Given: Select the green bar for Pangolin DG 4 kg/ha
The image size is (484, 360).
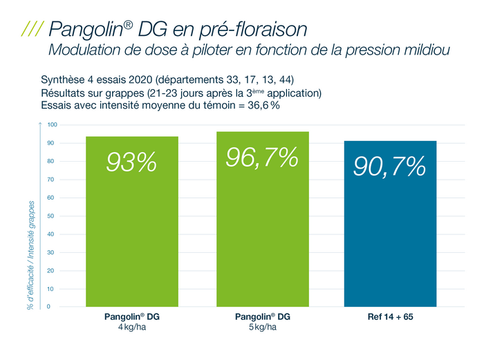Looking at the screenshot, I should (131, 235).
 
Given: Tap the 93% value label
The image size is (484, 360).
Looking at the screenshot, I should (131, 162).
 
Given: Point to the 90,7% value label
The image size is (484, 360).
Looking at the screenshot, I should (390, 167).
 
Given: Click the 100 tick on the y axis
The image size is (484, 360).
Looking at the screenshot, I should (53, 125).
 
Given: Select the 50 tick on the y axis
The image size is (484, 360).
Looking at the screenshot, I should (51, 216).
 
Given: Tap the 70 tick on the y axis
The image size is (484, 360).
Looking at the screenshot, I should (51, 180).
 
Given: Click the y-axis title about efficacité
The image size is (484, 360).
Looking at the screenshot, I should (31, 256).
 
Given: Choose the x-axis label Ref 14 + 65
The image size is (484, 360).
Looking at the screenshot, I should (390, 317).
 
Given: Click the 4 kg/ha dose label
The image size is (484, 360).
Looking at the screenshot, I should (131, 327).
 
